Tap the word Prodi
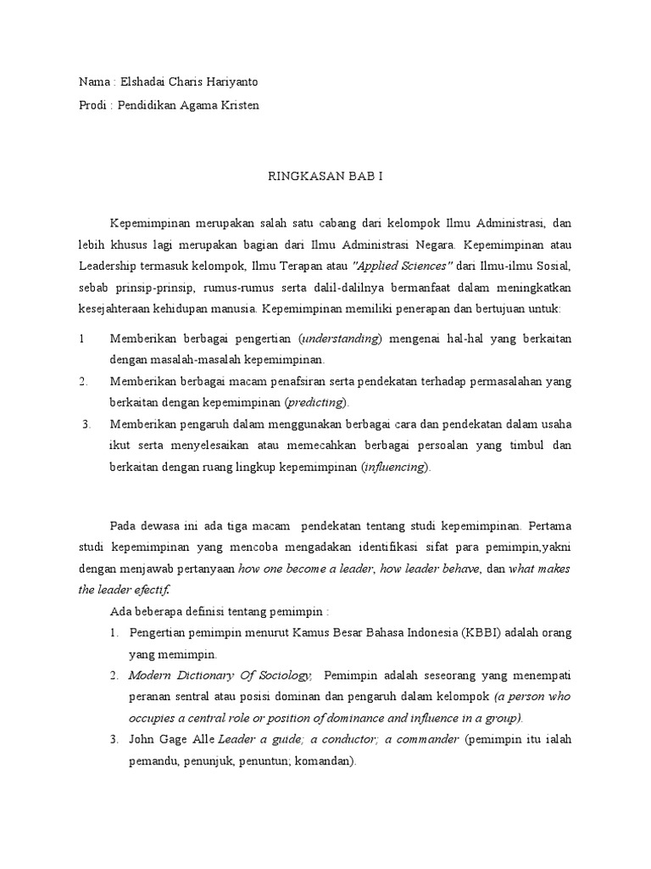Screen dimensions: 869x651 [x=91, y=104]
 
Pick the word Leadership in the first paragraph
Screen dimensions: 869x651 [x=108, y=265]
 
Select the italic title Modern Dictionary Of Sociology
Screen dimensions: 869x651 [x=220, y=675]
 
